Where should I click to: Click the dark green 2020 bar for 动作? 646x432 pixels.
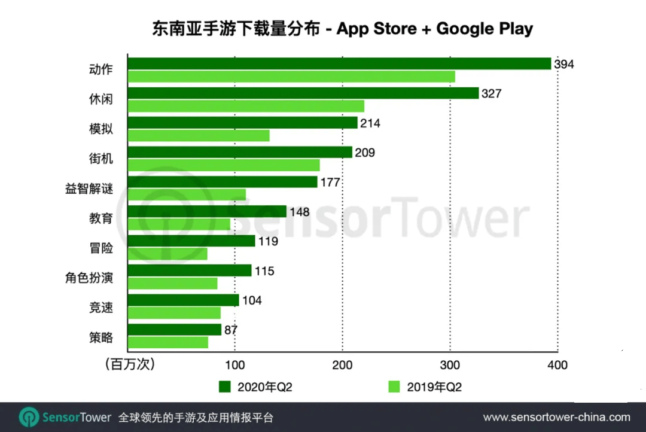[x=339, y=63]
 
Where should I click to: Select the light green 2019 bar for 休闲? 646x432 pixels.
[x=246, y=107]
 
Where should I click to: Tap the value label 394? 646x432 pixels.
[x=563, y=64]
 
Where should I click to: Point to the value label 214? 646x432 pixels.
[x=370, y=123]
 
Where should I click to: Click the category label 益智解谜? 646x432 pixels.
[x=89, y=189]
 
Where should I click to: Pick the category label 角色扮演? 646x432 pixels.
[x=89, y=278]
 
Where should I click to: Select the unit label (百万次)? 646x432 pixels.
[x=129, y=364]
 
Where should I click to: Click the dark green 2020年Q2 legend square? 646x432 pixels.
[x=225, y=387]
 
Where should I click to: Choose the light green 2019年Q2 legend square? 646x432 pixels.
[x=394, y=387]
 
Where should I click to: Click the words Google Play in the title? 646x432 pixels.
[x=484, y=29]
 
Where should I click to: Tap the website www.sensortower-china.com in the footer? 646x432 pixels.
[x=556, y=417]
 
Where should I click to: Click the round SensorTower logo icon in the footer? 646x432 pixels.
[x=29, y=417]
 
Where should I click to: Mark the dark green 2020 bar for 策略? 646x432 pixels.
[x=175, y=330]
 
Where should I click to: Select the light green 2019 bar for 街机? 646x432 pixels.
[x=224, y=165]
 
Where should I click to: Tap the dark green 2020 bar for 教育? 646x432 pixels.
[x=208, y=211]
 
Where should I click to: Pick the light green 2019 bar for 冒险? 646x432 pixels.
[x=167, y=254]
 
